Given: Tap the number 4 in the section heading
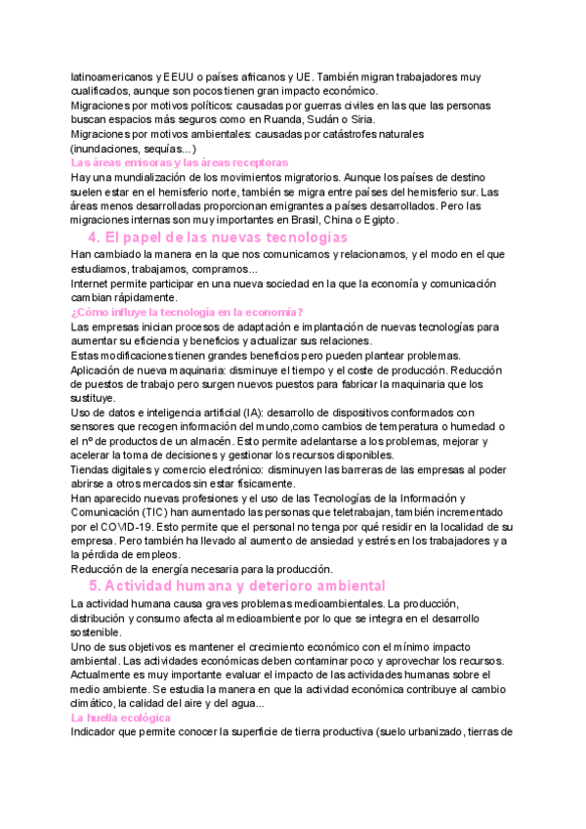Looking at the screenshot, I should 93,238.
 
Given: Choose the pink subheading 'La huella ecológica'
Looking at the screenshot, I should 122,718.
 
